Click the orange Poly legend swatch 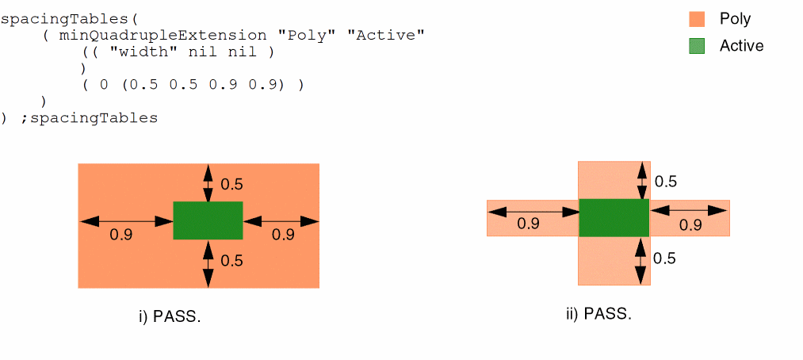(x=696, y=19)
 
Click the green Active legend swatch (x=696, y=46)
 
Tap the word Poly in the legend (x=735, y=19)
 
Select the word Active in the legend (x=741, y=46)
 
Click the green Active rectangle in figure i (x=208, y=220)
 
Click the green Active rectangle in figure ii (x=614, y=217)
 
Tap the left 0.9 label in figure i (x=121, y=235)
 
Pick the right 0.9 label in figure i (x=283, y=235)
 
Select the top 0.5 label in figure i (x=231, y=185)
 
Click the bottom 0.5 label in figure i (x=231, y=260)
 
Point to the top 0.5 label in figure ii (x=665, y=182)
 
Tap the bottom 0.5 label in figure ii (x=665, y=258)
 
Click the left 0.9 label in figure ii (x=528, y=224)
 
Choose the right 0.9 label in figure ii (x=690, y=225)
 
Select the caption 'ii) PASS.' (x=598, y=313)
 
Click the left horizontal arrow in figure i (x=126, y=220)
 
